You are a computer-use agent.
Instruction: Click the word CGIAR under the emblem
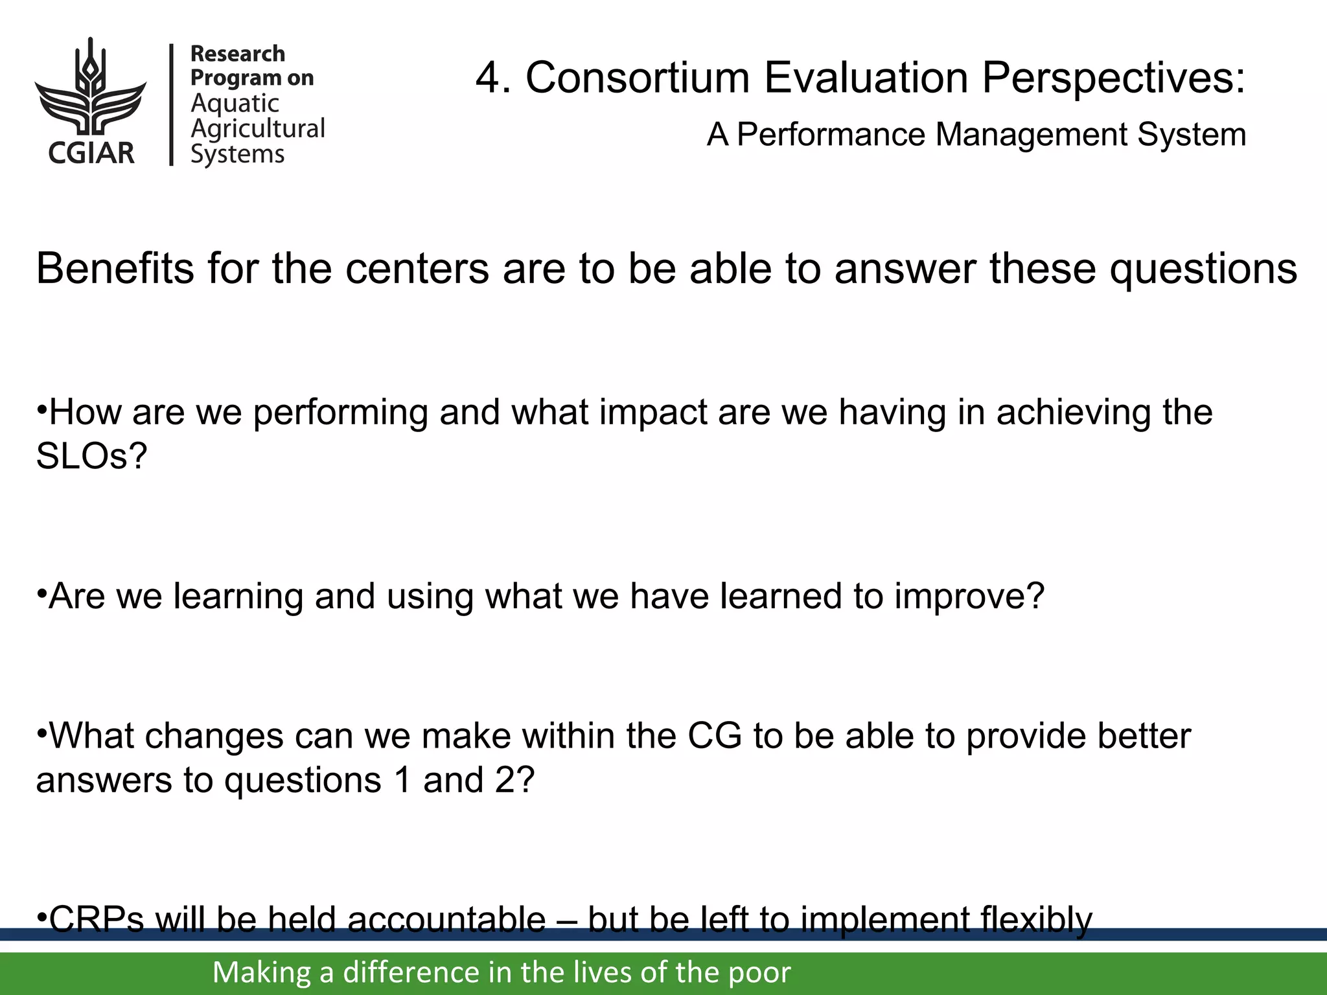[x=91, y=153]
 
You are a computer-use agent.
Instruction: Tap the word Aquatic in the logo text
[x=235, y=104]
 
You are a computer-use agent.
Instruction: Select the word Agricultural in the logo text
[x=257, y=129]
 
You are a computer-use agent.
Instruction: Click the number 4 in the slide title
[x=487, y=78]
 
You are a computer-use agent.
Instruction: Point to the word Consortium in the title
[x=637, y=78]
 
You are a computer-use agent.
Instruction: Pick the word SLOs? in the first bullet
[x=91, y=456]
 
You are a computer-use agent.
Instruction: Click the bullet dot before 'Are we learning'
[x=41, y=591]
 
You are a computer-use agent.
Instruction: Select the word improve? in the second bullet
[x=969, y=596]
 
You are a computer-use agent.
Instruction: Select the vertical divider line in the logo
[x=172, y=104]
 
